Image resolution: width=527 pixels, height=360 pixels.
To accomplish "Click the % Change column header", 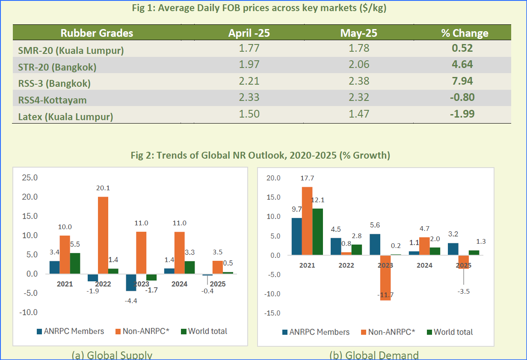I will point(465,33).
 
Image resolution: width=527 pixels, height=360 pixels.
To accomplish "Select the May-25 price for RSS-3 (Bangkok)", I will point(358,81).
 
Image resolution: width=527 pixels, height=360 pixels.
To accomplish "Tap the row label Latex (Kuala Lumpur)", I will point(65,116).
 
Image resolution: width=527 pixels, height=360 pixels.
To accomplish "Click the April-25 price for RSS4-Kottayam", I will point(249,97).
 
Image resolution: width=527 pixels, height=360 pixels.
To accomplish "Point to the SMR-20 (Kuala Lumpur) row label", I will point(71,50).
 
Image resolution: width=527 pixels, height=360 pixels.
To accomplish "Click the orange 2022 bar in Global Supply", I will point(103,235).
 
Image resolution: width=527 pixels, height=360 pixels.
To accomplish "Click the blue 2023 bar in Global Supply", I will point(130,282).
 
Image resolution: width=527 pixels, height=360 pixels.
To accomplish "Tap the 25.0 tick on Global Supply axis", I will point(30,177).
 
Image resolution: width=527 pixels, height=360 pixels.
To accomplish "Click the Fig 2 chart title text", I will point(260,155).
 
